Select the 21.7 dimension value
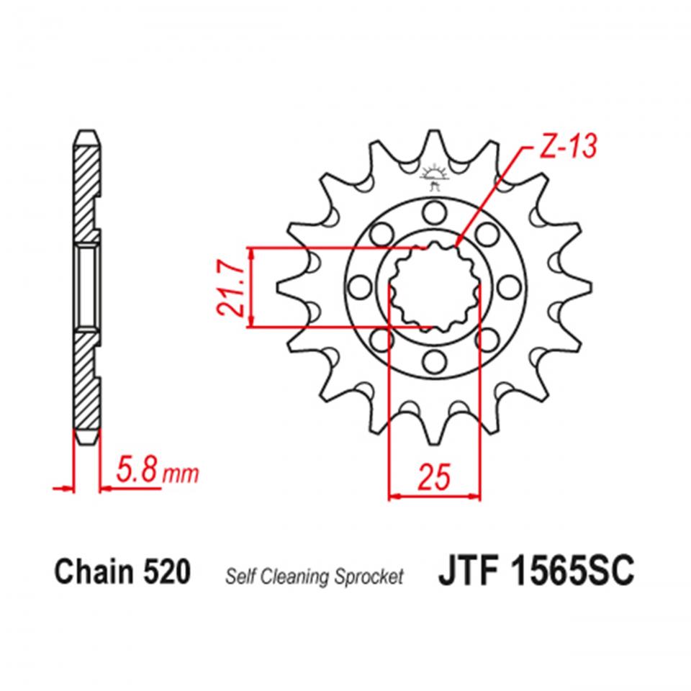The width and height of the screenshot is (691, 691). (x=230, y=288)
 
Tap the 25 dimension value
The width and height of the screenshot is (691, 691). (x=433, y=476)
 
